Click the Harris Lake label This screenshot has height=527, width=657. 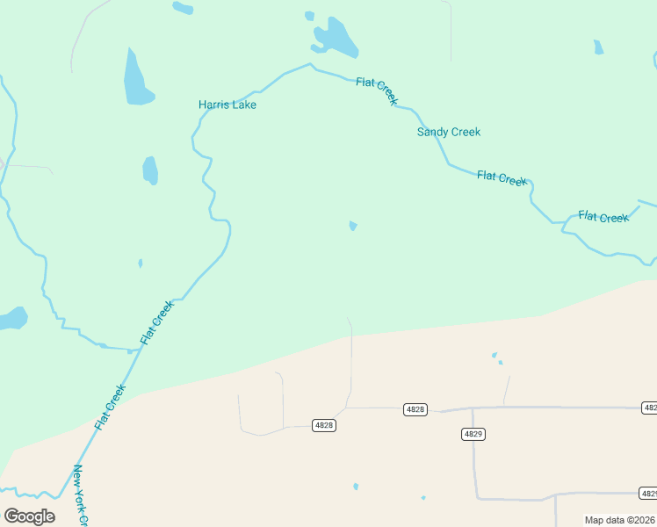(x=227, y=105)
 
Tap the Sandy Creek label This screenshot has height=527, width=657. (x=448, y=132)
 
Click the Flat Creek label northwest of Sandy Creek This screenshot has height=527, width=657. (x=378, y=90)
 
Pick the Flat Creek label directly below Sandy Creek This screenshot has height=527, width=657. (x=502, y=177)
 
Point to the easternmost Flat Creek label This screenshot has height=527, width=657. (x=603, y=217)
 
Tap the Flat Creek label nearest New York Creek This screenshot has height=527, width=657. (x=111, y=407)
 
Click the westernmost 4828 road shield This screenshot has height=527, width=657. (x=323, y=425)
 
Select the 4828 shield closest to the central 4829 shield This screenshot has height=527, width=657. (x=415, y=409)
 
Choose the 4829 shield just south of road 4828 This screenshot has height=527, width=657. (x=473, y=434)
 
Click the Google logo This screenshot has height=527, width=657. (x=29, y=516)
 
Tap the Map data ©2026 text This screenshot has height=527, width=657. (x=619, y=520)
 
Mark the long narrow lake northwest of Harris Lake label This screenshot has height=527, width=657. (x=137, y=77)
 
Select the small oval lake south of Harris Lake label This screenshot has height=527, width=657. (x=150, y=170)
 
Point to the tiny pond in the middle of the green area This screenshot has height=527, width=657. (x=353, y=226)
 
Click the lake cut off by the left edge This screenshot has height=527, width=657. (x=12, y=318)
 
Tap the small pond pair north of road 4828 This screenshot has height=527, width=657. (x=496, y=357)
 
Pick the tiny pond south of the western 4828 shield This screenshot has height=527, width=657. (x=356, y=486)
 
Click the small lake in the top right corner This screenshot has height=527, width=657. (x=598, y=47)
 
